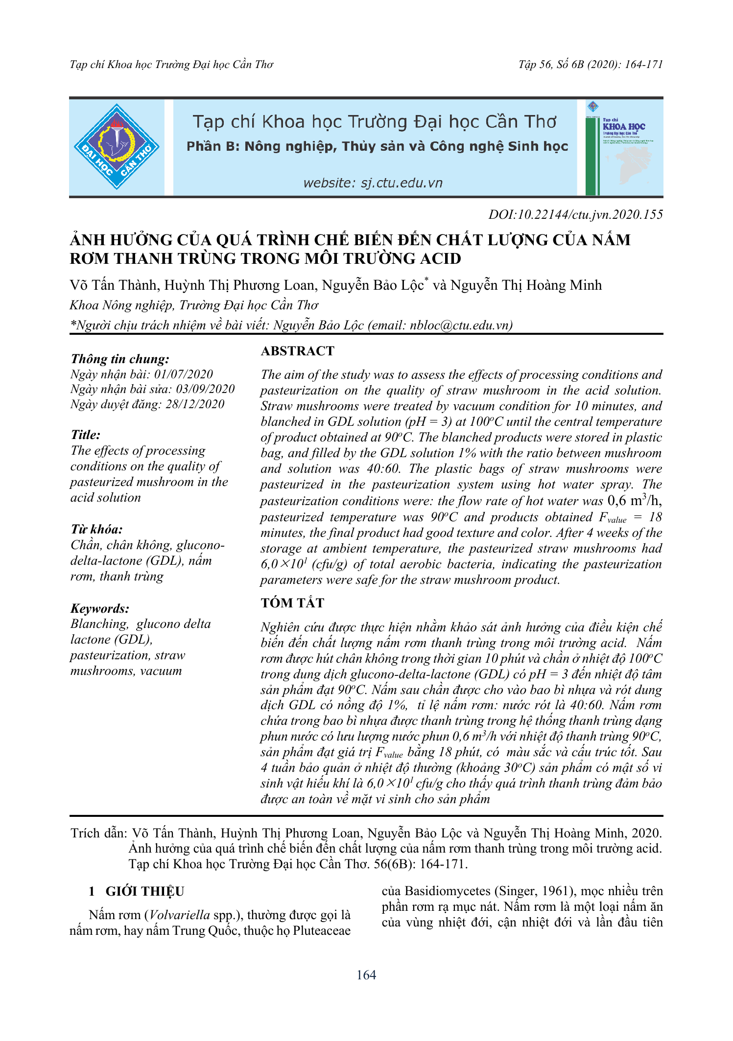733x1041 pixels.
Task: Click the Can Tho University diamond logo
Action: click(x=117, y=146)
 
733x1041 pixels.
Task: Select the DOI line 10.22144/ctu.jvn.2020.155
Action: click(x=576, y=215)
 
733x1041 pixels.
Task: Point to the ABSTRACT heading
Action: click(x=298, y=351)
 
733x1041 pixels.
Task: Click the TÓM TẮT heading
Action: click(x=292, y=603)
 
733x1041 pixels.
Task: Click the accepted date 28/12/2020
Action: click(x=195, y=404)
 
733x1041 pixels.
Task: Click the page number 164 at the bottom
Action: click(x=366, y=975)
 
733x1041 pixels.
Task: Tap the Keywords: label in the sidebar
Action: click(x=100, y=608)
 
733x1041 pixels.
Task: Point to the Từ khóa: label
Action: click(x=96, y=529)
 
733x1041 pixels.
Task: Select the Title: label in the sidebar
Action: click(x=86, y=435)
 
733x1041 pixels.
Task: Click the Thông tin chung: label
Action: click(x=120, y=359)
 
